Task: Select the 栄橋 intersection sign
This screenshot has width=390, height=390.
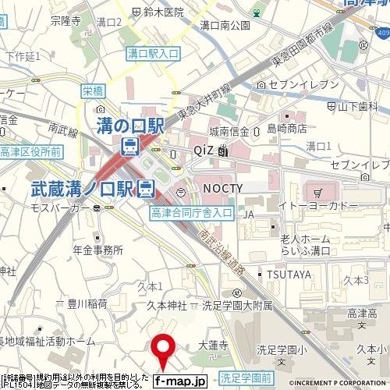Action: (x=92, y=91)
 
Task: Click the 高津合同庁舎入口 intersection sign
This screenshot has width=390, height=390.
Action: (x=192, y=211)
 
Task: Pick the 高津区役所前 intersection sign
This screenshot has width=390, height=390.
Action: (x=31, y=151)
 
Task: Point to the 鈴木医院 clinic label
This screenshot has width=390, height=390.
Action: (x=163, y=12)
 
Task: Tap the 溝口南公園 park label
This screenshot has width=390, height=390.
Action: (x=225, y=25)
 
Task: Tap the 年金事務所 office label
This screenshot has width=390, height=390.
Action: (x=97, y=250)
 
